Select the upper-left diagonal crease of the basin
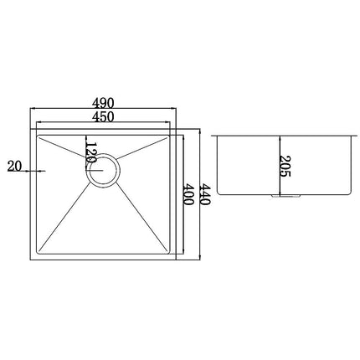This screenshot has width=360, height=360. coord(64,151)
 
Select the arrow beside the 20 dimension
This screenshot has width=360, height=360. coord(34,171)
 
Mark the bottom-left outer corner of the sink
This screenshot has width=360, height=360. coord(30,261)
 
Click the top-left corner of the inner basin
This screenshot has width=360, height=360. coord(40,134)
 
